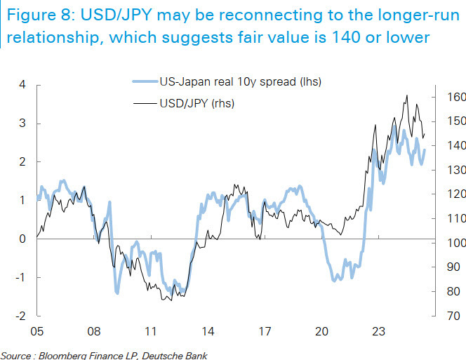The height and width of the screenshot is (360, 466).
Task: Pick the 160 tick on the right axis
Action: point(455,97)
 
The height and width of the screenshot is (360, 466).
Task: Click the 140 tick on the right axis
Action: point(455,145)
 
